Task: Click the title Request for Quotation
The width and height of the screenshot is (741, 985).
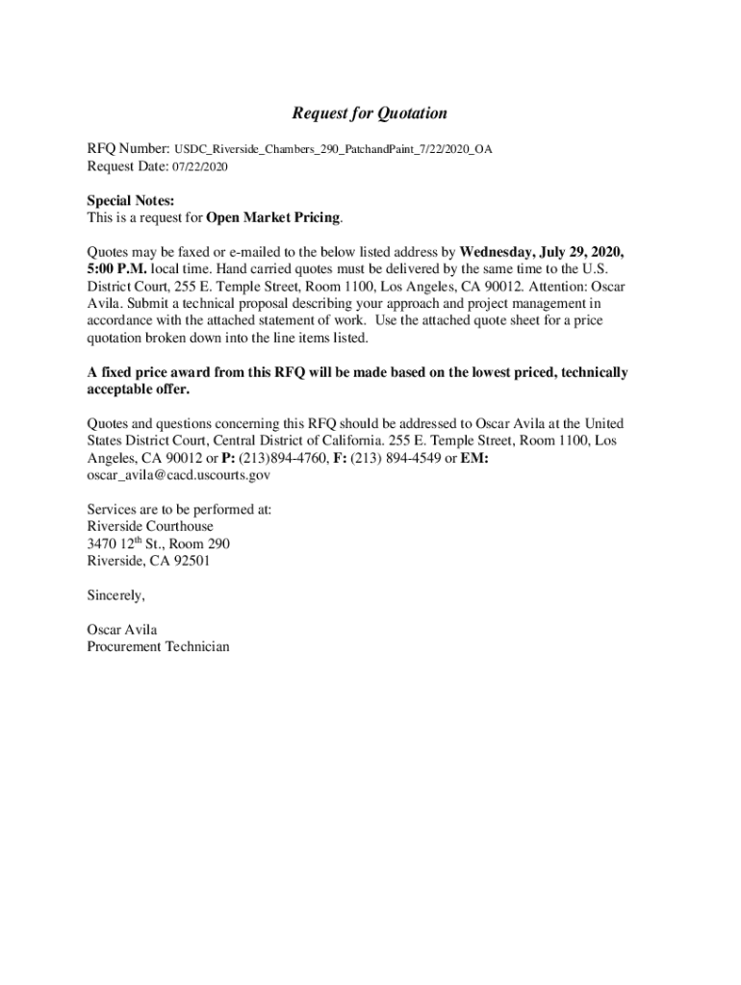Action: pos(370,114)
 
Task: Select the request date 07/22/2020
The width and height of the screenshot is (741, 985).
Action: pos(200,167)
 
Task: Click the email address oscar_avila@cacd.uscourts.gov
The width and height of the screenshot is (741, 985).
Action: pos(179,475)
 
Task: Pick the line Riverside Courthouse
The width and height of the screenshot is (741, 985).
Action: pos(150,527)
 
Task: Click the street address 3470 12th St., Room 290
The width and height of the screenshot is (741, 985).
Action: pos(158,544)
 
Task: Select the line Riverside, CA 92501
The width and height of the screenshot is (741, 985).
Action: pos(148,562)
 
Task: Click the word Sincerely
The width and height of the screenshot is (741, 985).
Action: pos(115,595)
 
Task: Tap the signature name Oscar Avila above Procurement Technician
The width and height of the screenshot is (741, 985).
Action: pos(122,630)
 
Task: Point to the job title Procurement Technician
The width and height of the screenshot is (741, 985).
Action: pos(158,647)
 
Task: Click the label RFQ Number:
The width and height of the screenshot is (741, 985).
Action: pos(129,150)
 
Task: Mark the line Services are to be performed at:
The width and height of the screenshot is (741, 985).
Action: pos(179,510)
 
